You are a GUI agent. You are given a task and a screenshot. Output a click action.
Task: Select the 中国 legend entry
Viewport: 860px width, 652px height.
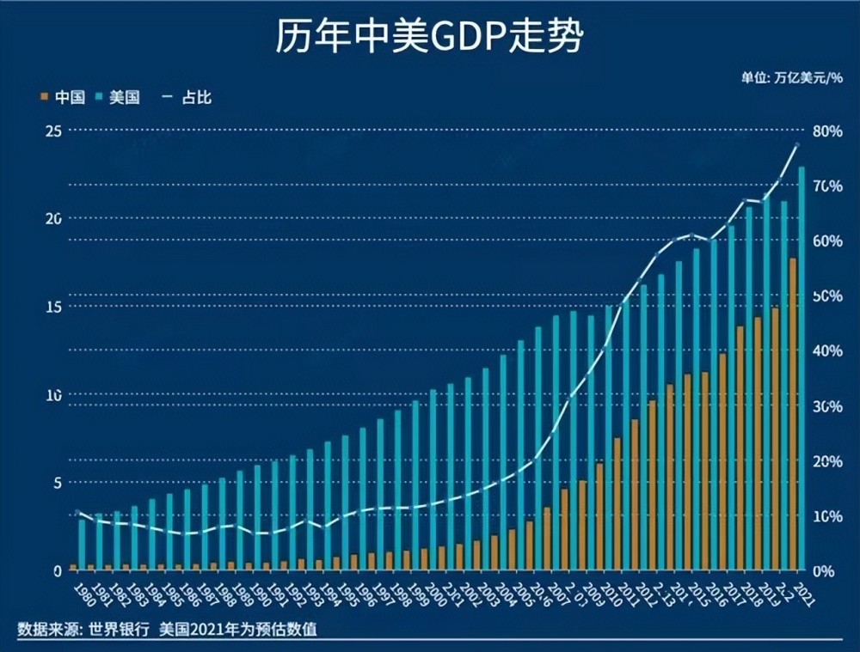point(63,97)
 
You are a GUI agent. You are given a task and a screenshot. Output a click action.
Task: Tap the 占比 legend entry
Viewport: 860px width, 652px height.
point(191,97)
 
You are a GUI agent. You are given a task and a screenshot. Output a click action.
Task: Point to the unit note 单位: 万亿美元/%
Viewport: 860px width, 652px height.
point(792,77)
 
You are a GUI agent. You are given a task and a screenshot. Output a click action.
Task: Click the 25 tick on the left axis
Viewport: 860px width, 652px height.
point(54,131)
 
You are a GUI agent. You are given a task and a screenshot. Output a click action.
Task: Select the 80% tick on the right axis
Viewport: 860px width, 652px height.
point(827,131)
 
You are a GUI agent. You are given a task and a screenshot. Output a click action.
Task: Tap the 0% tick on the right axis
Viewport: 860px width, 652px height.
point(824,571)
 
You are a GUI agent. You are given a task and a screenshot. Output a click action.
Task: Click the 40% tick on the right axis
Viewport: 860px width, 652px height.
point(827,351)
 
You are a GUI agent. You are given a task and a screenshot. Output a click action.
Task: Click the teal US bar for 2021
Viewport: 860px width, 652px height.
point(802,368)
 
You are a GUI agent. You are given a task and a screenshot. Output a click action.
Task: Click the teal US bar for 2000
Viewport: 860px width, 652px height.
point(433,479)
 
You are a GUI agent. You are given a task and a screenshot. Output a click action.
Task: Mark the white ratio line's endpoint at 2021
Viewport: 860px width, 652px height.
point(798,144)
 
